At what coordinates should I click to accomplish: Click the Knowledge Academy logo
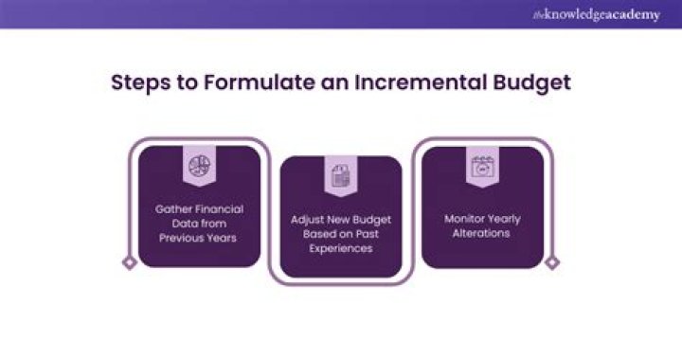596,14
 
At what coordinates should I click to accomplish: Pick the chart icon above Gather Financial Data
199,168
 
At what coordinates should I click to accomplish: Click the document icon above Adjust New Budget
341,176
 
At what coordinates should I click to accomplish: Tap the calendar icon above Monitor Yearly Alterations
483,167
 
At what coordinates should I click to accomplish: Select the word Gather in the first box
174,208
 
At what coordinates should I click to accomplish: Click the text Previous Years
199,238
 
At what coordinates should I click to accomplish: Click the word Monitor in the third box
464,219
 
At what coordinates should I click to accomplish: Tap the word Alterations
483,233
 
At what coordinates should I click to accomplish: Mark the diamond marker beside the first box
130,262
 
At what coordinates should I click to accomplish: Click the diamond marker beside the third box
552,262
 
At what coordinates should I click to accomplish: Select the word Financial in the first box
218,208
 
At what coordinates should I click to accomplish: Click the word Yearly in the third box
505,219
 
